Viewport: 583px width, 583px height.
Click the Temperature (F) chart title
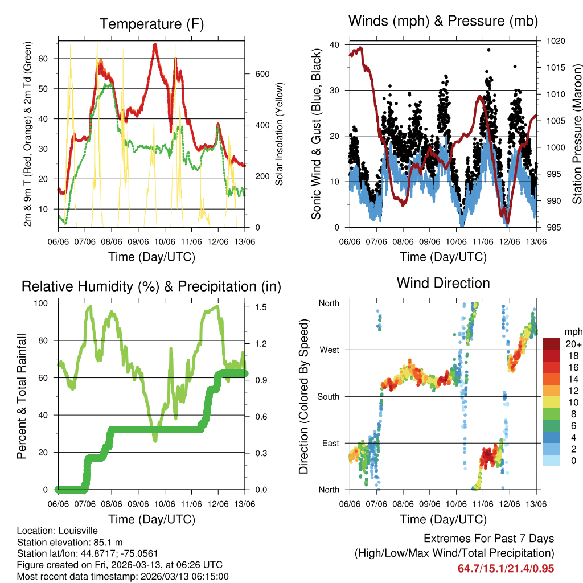pos(151,24)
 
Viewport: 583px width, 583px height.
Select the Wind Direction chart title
pos(443,283)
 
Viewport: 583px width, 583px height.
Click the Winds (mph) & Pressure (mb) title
pos(443,22)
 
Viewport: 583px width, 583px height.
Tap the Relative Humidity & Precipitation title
pos(151,286)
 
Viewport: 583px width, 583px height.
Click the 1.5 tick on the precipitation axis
pos(261,307)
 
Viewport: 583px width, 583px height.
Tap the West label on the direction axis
pos(329,350)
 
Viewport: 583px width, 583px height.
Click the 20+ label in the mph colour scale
pos(573,344)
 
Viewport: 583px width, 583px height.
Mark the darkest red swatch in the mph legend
pos(551,344)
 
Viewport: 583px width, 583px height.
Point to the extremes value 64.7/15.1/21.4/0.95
pos(506,568)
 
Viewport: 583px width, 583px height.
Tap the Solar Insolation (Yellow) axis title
pos(280,134)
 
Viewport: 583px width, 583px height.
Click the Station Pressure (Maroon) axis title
pos(577,134)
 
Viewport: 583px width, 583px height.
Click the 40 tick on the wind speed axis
pos(335,45)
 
